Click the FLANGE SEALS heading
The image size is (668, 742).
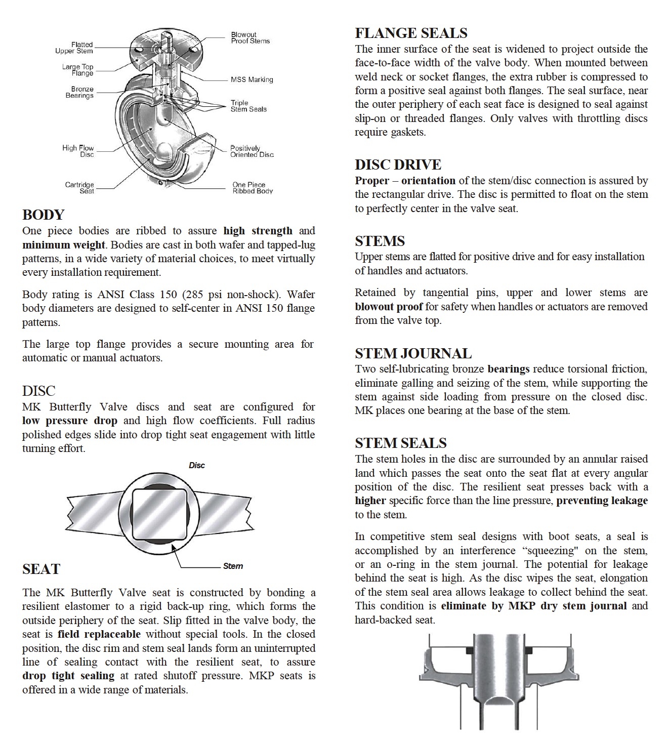click(x=411, y=33)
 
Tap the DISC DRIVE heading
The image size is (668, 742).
click(x=398, y=165)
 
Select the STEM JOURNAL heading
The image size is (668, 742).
click(x=413, y=353)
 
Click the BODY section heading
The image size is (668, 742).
click(x=43, y=215)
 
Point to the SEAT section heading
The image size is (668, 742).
click(x=41, y=569)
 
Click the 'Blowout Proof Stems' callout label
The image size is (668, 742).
click(x=250, y=38)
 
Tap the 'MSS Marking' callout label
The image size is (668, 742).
click(x=252, y=79)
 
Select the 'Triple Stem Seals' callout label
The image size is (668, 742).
click(x=248, y=106)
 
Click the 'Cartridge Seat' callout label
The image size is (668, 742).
click(x=79, y=188)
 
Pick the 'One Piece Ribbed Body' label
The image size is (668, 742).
click(x=252, y=188)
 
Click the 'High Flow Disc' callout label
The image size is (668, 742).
click(x=78, y=151)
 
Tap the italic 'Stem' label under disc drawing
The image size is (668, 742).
click(x=233, y=566)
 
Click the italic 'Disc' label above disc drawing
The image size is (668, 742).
click(x=196, y=465)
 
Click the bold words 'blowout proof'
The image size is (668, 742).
click(x=388, y=307)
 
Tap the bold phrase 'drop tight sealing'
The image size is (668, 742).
click(x=68, y=676)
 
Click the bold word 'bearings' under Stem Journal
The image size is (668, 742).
click(x=508, y=369)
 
